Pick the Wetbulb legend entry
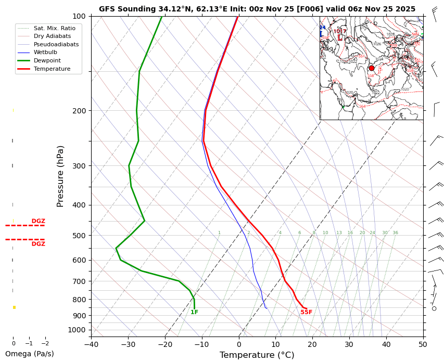pyautogui.click(x=45, y=53)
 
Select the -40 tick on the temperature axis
pyautogui.click(x=91, y=344)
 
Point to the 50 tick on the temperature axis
pyautogui.click(x=423, y=344)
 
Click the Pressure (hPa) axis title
pyautogui.click(x=60, y=176)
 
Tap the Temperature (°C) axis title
pyautogui.click(x=257, y=355)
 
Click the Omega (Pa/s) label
pyautogui.click(x=29, y=354)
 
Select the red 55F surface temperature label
pyautogui.click(x=307, y=312)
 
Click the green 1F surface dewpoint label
pyautogui.click(x=194, y=312)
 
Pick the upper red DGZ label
pyautogui.click(x=38, y=221)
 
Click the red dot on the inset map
pyautogui.click(x=371, y=68)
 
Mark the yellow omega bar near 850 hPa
pyautogui.click(x=14, y=307)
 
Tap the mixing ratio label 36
pyautogui.click(x=395, y=233)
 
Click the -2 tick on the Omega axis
pyautogui.click(x=45, y=344)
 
